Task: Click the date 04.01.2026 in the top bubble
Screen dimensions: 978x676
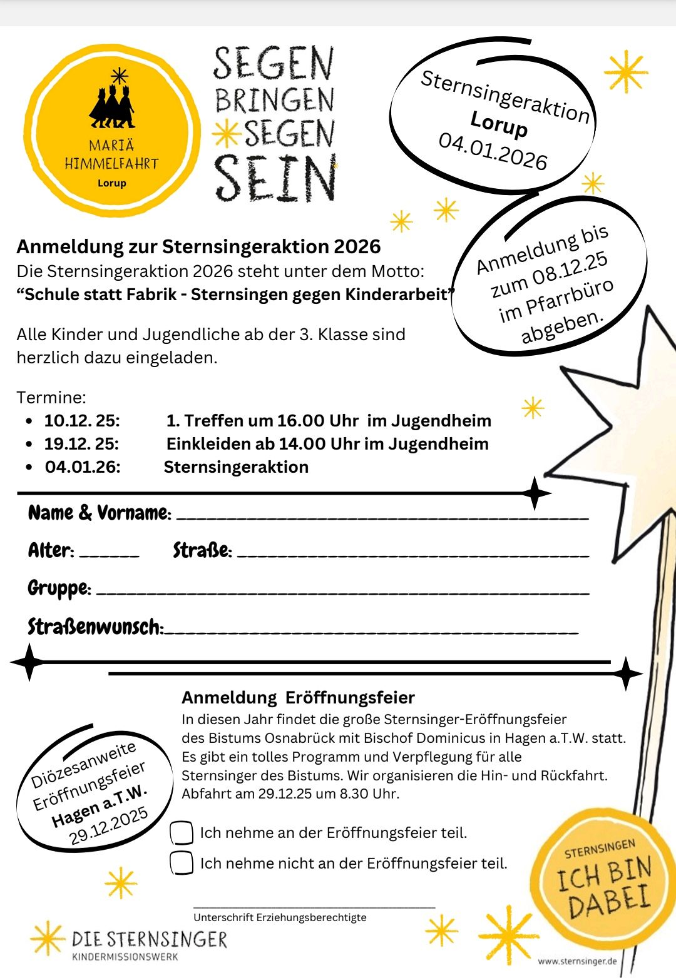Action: point(493,151)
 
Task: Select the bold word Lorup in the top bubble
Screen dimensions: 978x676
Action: point(499,123)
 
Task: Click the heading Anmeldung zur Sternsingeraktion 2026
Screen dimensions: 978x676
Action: point(198,246)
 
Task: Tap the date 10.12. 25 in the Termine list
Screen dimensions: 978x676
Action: point(82,421)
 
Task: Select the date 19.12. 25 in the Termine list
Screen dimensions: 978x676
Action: point(81,444)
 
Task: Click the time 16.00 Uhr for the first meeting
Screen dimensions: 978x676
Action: point(318,421)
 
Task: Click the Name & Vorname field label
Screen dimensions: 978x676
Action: point(99,513)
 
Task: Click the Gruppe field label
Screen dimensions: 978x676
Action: point(59,588)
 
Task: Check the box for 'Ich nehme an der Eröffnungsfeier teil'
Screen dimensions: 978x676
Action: point(182,833)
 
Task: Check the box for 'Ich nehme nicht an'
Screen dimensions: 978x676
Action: point(182,863)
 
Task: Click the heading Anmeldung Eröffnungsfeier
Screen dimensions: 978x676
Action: point(298,697)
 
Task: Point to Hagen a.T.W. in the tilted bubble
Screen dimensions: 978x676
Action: point(100,807)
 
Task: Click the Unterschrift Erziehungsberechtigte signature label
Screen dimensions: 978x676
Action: point(280,917)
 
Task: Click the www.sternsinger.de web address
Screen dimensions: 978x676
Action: point(577,961)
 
